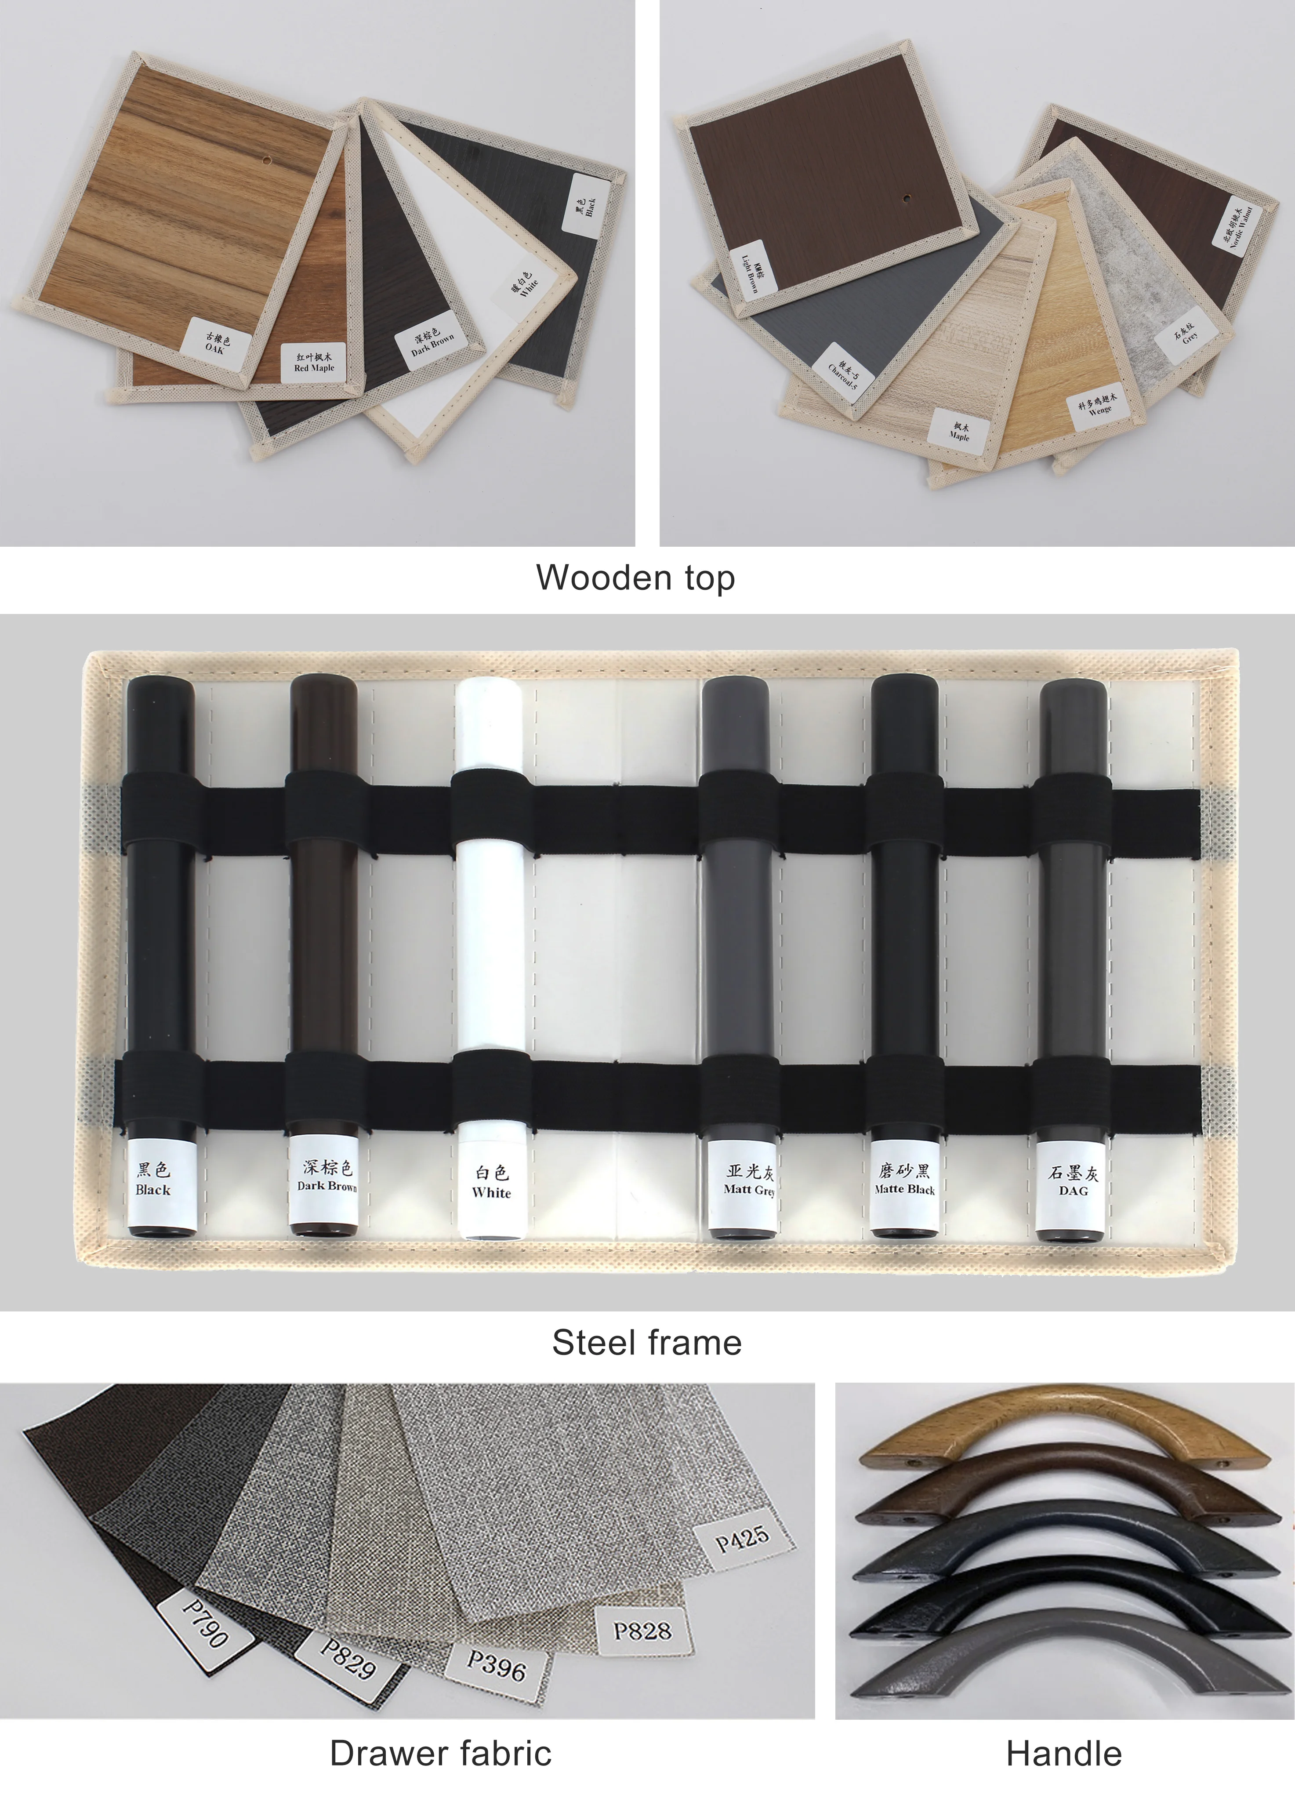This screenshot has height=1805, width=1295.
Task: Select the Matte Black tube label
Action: coord(905,1180)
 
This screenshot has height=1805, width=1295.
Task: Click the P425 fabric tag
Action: coord(742,1538)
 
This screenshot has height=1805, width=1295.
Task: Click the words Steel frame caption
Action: coord(646,1343)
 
